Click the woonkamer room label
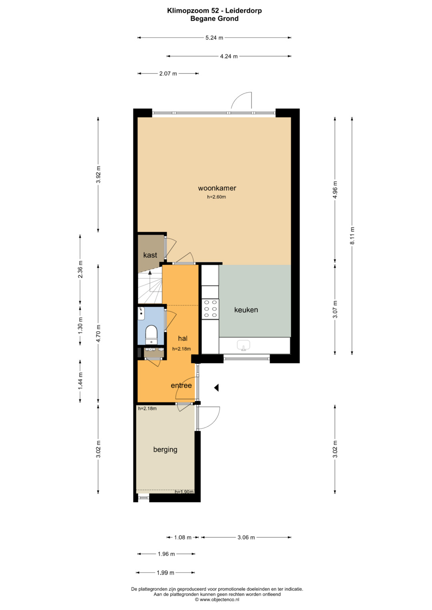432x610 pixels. tap(217, 188)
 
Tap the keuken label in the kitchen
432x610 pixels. tap(246, 310)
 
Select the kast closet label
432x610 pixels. tap(150, 255)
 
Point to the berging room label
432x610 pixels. tap(165, 449)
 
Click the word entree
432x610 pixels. tap(181, 385)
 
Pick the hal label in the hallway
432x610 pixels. tap(182, 338)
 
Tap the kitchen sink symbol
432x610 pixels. tap(243, 345)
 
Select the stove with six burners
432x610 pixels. tap(210, 309)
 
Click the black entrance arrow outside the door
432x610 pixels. tap(216, 387)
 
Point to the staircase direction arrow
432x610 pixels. tap(150, 280)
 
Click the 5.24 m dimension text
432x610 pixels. tap(214, 38)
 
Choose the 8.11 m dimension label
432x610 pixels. tap(352, 236)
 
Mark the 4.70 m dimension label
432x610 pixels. tap(98, 334)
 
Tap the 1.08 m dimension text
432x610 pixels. tap(183, 537)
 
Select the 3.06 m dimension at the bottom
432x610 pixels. tap(246, 537)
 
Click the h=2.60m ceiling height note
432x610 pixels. tap(216, 197)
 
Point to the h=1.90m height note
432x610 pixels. tap(184, 492)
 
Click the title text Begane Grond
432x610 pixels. tap(214, 18)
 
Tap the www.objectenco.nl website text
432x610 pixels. tap(220, 599)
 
